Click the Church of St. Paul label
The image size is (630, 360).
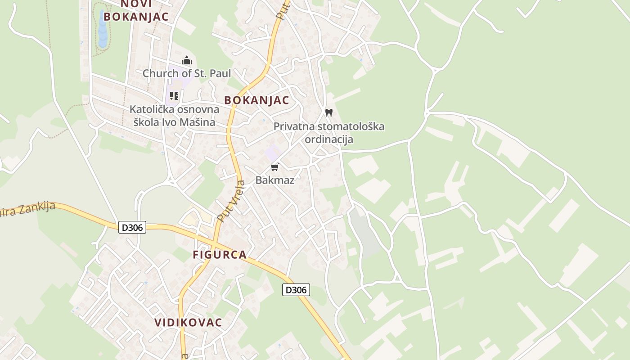(187, 73)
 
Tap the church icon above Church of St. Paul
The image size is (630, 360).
(187, 60)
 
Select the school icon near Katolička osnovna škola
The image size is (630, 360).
(174, 95)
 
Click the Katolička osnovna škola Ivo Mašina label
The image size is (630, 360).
(175, 116)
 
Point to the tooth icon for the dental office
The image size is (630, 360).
(329, 112)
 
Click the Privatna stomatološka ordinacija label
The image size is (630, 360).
(329, 133)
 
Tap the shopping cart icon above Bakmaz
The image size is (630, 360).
(274, 167)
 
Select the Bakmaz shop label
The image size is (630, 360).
(274, 180)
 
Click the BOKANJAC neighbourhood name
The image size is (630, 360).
(256, 100)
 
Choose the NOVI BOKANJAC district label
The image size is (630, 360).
(136, 11)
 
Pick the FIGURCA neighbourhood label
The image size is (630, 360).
(220, 255)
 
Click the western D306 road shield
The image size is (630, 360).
(132, 227)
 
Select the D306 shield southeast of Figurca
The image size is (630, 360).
(296, 290)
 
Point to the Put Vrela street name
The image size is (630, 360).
(230, 201)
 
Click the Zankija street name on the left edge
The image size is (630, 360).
(31, 210)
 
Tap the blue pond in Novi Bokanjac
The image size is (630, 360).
(103, 29)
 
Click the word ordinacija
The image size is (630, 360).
(329, 139)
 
